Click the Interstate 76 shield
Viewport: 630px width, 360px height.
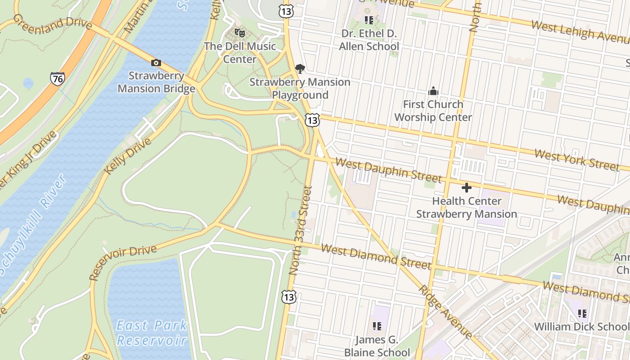[57, 79]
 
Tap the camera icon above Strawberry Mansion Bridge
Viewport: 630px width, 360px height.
[156, 63]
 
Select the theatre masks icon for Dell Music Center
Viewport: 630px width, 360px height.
[240, 33]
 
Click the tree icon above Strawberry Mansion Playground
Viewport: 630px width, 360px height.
[300, 69]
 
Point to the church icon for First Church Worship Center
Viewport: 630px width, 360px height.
[433, 91]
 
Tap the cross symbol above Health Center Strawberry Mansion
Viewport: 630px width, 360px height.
[466, 187]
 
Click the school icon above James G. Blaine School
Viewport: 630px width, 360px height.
[377, 326]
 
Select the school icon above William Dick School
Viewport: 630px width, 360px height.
[582, 313]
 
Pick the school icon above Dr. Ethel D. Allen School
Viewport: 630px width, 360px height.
[369, 20]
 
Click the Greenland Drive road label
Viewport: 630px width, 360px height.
[53, 22]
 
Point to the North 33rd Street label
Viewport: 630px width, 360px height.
[301, 230]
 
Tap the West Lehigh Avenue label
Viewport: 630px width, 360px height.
[580, 31]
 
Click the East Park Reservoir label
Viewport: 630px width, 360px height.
[152, 333]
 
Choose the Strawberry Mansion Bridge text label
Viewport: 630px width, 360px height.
[157, 82]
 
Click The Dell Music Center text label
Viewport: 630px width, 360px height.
[240, 52]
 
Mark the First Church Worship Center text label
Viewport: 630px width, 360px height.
[433, 111]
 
